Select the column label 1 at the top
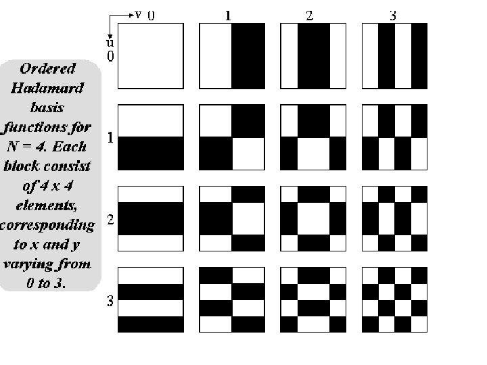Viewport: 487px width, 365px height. tap(229, 15)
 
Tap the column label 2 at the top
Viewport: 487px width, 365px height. tap(310, 16)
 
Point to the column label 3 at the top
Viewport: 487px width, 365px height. tap(392, 16)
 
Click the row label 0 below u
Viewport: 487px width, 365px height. tap(110, 57)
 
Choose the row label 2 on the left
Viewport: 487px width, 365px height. tap(110, 220)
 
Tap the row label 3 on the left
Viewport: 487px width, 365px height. tap(110, 301)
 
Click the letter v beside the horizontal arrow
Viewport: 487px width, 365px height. tap(138, 14)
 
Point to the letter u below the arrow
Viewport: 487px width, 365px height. tap(109, 43)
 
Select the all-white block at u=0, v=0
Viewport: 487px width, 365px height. tap(151, 56)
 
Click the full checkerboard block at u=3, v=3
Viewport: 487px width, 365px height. tap(395, 299)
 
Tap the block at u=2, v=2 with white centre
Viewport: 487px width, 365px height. tap(314, 218)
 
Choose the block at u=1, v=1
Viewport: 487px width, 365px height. tap(232, 137)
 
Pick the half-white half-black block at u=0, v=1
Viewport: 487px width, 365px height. tap(232, 56)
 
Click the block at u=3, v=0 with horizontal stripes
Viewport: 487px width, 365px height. tap(151, 299)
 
